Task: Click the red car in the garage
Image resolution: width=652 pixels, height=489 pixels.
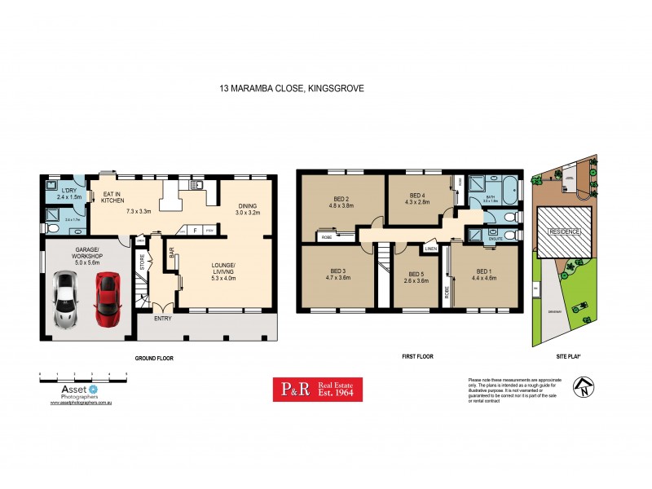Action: tap(108, 299)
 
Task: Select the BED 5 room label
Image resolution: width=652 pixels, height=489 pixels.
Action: tap(416, 274)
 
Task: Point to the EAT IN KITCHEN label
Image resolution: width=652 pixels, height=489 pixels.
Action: tap(111, 197)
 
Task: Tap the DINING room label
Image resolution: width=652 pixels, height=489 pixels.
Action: tap(247, 205)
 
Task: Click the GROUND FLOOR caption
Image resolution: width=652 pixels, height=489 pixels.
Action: tap(155, 358)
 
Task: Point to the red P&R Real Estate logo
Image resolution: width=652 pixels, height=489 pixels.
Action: tap(317, 390)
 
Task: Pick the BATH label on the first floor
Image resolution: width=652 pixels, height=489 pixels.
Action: tap(490, 196)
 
